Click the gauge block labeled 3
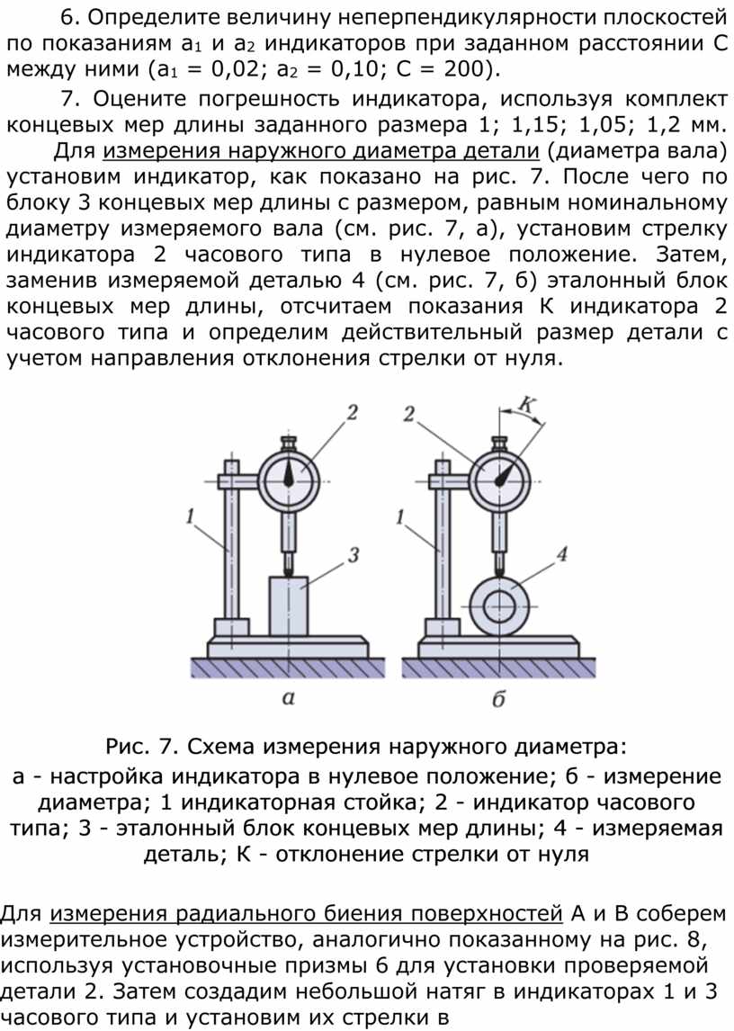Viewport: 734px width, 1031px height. (x=288, y=605)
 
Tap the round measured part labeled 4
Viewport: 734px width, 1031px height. (x=499, y=605)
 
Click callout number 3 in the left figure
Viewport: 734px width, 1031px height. (x=354, y=555)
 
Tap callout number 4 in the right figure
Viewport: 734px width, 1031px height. (x=561, y=554)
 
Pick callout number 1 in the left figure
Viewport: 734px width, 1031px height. (x=190, y=516)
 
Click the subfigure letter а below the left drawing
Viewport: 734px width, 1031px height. (x=288, y=697)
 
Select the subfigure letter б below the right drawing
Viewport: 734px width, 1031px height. (x=498, y=697)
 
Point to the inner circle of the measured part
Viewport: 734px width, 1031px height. (x=499, y=606)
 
